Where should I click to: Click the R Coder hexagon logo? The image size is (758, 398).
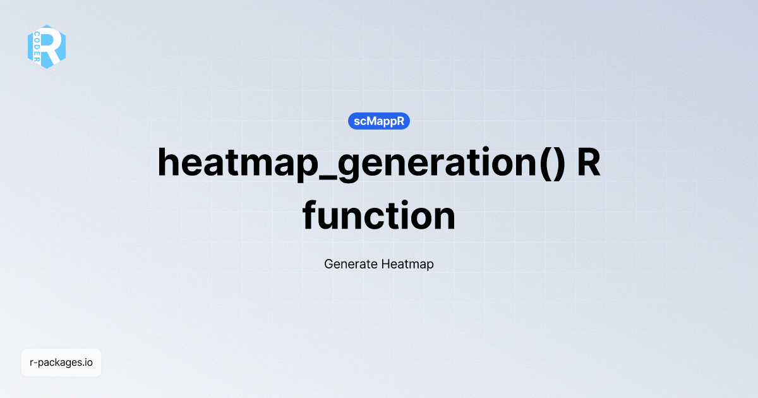coord(47,47)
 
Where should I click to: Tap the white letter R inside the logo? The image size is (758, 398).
coord(51,47)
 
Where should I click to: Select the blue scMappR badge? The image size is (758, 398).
coord(379,121)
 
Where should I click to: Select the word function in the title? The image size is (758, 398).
coord(379,216)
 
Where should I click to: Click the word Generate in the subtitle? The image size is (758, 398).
coord(351,264)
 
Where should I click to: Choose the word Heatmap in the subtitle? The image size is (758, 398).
coord(407,264)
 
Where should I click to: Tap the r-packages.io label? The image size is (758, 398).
coord(61,363)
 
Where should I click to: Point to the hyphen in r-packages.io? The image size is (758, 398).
coord(36,363)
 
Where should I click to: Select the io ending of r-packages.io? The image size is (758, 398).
coord(89,363)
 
